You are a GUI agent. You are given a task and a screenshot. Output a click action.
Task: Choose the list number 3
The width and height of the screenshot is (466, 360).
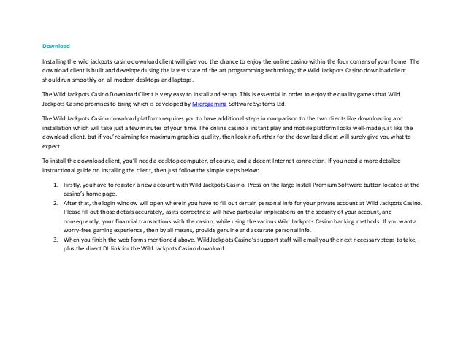55,239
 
